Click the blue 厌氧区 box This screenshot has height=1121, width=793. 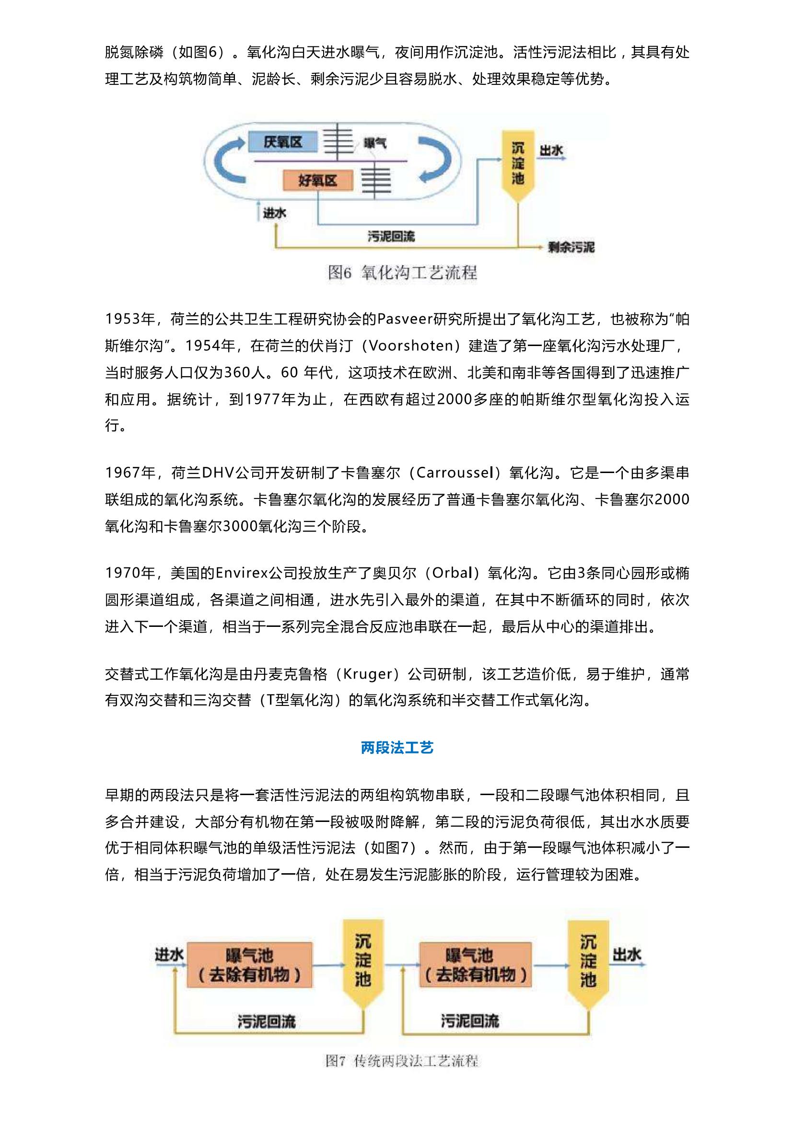[x=283, y=142]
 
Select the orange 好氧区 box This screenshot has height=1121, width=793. [x=317, y=181]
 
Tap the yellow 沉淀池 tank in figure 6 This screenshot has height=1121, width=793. [x=518, y=163]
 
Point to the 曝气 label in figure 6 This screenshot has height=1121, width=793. [x=375, y=142]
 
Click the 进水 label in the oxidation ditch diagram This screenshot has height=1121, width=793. [x=274, y=213]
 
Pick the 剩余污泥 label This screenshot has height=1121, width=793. [x=571, y=247]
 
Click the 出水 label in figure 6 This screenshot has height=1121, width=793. [x=551, y=150]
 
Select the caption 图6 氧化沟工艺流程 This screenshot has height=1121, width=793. [x=402, y=272]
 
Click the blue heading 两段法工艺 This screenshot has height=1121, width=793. [x=396, y=748]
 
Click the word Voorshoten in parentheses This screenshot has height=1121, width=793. [x=411, y=346]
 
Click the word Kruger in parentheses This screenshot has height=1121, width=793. [x=368, y=674]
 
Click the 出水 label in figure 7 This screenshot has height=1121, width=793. [x=627, y=955]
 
